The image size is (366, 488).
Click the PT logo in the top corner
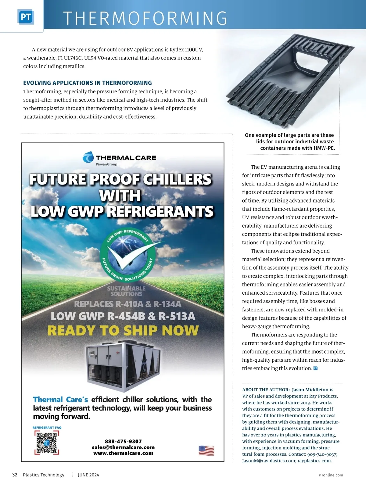tap(26, 17)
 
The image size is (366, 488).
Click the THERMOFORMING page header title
tap(145, 18)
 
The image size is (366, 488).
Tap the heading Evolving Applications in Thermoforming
tap(88, 83)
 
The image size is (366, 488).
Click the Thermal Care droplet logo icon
tap(88, 157)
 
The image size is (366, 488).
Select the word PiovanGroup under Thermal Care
tap(106, 164)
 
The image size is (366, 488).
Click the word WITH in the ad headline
tap(120, 196)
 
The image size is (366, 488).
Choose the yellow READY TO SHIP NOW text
tap(123, 331)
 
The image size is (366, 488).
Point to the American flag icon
tap(206, 450)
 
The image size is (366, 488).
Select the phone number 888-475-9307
tap(123, 441)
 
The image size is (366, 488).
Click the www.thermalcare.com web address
tap(123, 453)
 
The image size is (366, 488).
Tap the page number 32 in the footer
tap(15, 475)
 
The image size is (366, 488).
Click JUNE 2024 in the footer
tap(88, 475)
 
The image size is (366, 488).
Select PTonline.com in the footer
tap(331, 475)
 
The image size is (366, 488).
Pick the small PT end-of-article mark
tap(316, 368)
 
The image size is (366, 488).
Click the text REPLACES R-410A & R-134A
tap(127, 304)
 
